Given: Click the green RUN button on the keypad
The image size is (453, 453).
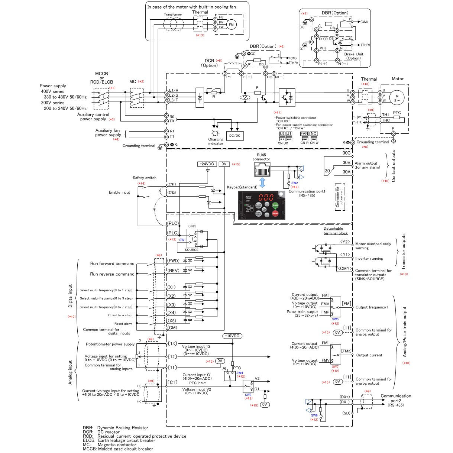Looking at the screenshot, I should pyautogui.click(x=275, y=205).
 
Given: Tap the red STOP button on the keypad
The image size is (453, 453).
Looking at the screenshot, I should pyautogui.click(x=275, y=213).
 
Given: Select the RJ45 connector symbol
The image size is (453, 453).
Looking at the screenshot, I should pyautogui.click(x=262, y=170).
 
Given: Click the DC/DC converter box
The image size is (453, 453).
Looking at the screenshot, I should pyautogui.click(x=234, y=136).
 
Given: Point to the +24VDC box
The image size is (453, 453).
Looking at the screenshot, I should pyautogui.click(x=207, y=164).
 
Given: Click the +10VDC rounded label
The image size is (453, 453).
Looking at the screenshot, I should pyautogui.click(x=232, y=336).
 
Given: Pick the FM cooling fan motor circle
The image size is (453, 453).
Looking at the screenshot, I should pyautogui.click(x=231, y=25).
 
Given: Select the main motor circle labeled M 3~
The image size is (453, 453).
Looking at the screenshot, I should pyautogui.click(x=397, y=98).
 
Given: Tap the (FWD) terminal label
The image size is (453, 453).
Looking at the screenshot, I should pyautogui.click(x=173, y=261).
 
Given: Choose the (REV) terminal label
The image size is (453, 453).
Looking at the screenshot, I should pyautogui.click(x=173, y=271).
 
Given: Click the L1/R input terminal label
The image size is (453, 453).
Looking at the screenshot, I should pyautogui.click(x=174, y=90).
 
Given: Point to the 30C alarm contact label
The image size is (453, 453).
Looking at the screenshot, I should pyautogui.click(x=346, y=153).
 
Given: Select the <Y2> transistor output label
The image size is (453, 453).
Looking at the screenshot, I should pyautogui.click(x=345, y=242).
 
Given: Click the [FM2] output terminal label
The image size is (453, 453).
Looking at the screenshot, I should pyautogui.click(x=346, y=351).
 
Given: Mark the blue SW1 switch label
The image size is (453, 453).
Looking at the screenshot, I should pyautogui.click(x=182, y=240).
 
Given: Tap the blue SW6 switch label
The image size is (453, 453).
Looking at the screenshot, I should pyautogui.click(x=314, y=415).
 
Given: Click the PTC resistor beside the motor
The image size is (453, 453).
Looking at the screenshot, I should pyautogui.click(x=397, y=117).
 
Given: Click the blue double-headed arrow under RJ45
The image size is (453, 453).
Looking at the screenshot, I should pyautogui.click(x=262, y=182).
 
